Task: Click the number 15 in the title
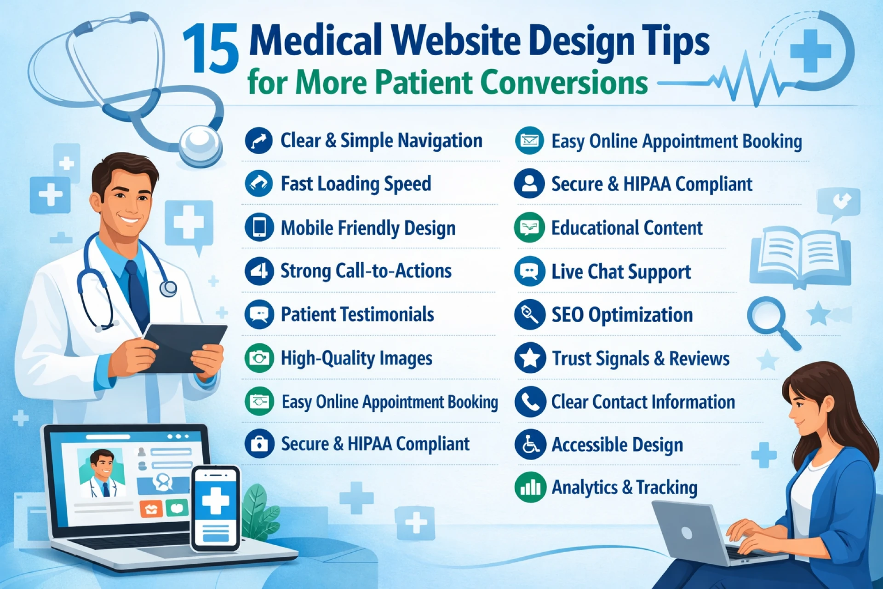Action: point(211,49)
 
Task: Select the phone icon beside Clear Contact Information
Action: point(530,402)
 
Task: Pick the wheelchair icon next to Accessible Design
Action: point(530,445)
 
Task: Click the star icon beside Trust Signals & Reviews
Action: point(530,358)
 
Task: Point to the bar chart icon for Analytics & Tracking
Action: point(530,487)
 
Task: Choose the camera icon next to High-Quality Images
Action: point(259,358)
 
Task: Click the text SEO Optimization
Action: point(622,315)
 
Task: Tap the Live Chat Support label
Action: point(621,271)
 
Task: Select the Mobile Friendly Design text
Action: point(368,228)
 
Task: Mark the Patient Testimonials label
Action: point(357,314)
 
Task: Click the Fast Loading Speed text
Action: point(356,184)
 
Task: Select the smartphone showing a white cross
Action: point(216,508)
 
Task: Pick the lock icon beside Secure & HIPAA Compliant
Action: point(259,444)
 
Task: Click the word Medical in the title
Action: point(315,40)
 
